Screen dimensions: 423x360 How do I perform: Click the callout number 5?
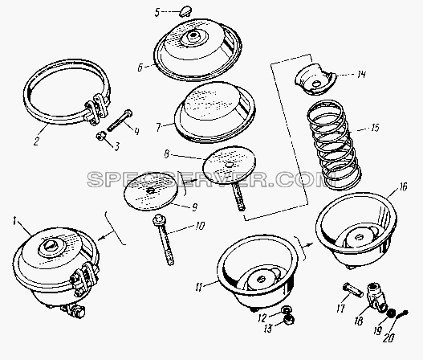coord(158,12)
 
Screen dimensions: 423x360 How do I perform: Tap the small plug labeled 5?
coord(185,11)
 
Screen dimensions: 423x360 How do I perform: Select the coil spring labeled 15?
coord(334,145)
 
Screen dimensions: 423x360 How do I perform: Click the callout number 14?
coord(361,74)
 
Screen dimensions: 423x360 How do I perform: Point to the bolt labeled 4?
coord(120,121)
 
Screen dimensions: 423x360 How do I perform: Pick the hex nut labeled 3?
coord(100,137)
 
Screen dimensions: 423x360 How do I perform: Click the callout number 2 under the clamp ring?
coord(36,141)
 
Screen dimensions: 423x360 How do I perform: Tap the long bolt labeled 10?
coord(164,240)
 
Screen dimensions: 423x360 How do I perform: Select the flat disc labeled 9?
coord(151,191)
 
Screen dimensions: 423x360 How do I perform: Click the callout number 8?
coord(166,155)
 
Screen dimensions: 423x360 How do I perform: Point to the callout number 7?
coord(159,127)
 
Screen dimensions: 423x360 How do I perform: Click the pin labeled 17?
coord(353,290)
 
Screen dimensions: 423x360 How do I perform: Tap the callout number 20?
coord(389,337)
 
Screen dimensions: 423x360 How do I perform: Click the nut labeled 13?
coord(289,320)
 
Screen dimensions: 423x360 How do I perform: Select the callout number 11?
coord(198,288)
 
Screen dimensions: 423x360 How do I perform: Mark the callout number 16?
coord(403,187)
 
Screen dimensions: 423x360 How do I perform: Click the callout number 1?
coord(15,222)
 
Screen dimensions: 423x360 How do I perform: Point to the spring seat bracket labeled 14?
coord(315,79)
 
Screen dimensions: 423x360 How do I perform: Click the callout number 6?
coord(140,67)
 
